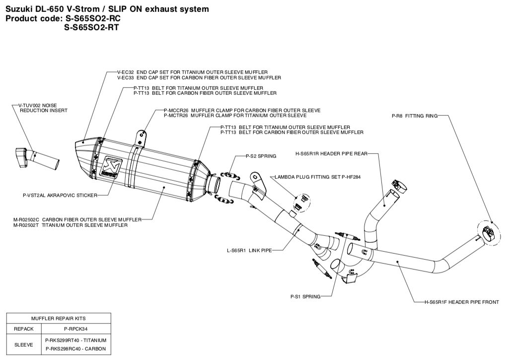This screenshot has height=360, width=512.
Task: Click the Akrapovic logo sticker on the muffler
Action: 108,167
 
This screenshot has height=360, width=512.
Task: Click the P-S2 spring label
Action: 261,156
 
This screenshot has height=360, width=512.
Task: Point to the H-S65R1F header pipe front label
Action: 461,301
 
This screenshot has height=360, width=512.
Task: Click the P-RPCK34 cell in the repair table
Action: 76,329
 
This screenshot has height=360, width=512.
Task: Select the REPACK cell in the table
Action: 24,329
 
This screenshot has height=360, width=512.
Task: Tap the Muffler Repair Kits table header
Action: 58,318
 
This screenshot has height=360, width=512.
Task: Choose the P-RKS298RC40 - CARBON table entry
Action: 76,349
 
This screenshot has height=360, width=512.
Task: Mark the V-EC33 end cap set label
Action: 199,78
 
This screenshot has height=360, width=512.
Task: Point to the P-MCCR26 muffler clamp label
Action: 242,110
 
